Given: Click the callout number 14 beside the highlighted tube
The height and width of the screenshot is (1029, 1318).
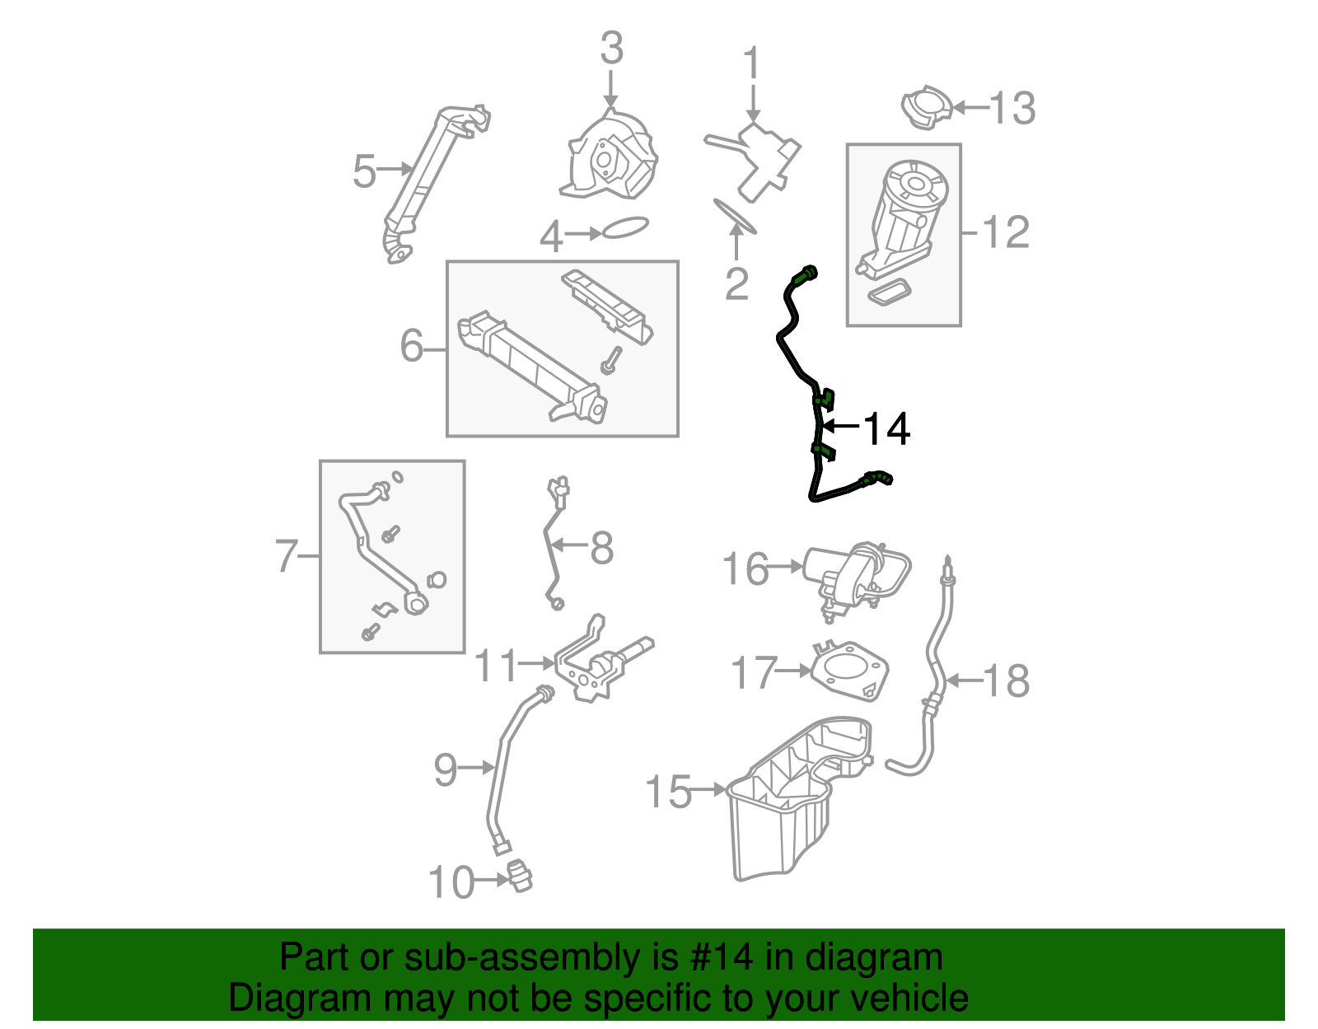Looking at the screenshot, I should tap(886, 428).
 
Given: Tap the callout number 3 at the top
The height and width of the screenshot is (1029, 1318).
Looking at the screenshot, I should tap(611, 49).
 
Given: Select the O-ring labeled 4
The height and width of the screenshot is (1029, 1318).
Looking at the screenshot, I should tap(626, 227).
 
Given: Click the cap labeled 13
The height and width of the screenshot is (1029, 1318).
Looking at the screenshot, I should tap(928, 107).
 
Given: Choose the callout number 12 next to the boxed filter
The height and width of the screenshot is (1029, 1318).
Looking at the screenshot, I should tap(1006, 233).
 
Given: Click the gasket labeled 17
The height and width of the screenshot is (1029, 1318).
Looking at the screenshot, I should tap(849, 670).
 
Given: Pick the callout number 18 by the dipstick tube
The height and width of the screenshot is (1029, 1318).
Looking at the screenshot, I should tap(1007, 681).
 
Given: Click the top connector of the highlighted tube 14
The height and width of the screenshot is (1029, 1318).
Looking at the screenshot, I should tap(806, 274).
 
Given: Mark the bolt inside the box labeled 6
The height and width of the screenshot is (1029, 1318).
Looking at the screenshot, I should tap(610, 361).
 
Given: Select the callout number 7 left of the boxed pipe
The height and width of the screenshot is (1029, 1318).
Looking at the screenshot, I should tap(286, 556).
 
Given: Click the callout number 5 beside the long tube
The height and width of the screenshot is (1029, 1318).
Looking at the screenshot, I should tap(363, 171).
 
